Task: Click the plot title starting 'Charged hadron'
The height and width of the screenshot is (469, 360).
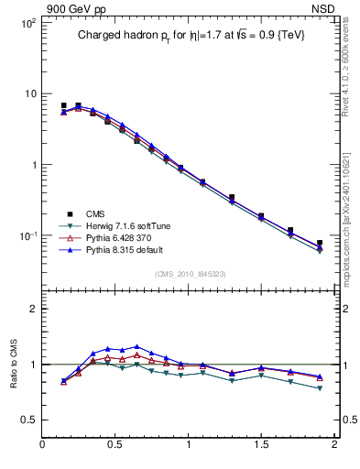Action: [x=190, y=35]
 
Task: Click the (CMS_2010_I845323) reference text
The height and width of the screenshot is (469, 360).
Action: [x=190, y=273]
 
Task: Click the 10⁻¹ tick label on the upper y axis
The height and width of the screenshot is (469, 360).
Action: [x=27, y=236]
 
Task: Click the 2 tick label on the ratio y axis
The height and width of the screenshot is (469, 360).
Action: [x=33, y=309]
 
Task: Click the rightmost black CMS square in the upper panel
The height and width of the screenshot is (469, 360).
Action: [x=320, y=244]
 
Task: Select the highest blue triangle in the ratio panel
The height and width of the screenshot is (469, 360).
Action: [x=136, y=347]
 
